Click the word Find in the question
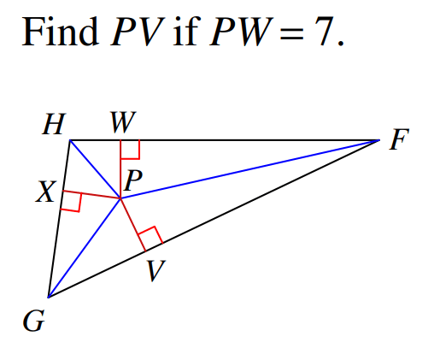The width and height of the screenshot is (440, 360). (x=60, y=32)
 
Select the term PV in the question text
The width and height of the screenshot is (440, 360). (x=138, y=32)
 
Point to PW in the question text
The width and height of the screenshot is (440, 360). (x=241, y=32)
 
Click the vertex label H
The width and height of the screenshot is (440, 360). (x=54, y=124)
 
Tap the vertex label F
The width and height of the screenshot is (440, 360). (x=399, y=139)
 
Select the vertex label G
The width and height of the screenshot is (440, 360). (x=34, y=321)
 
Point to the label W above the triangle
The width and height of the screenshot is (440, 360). (x=123, y=122)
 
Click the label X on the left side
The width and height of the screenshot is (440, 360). (x=46, y=192)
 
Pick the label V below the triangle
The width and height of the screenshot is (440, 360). (x=155, y=270)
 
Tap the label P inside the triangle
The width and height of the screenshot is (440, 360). (x=133, y=180)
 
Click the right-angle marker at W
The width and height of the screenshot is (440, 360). (x=130, y=150)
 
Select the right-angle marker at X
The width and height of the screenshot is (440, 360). (x=71, y=201)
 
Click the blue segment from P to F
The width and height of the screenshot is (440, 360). (x=250, y=169)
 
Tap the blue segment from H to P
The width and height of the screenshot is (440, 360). (x=95, y=169)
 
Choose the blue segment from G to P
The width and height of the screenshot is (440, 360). (x=85, y=248)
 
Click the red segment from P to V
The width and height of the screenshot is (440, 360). (x=133, y=225)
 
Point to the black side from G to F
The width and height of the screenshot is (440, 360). (x=214, y=219)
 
